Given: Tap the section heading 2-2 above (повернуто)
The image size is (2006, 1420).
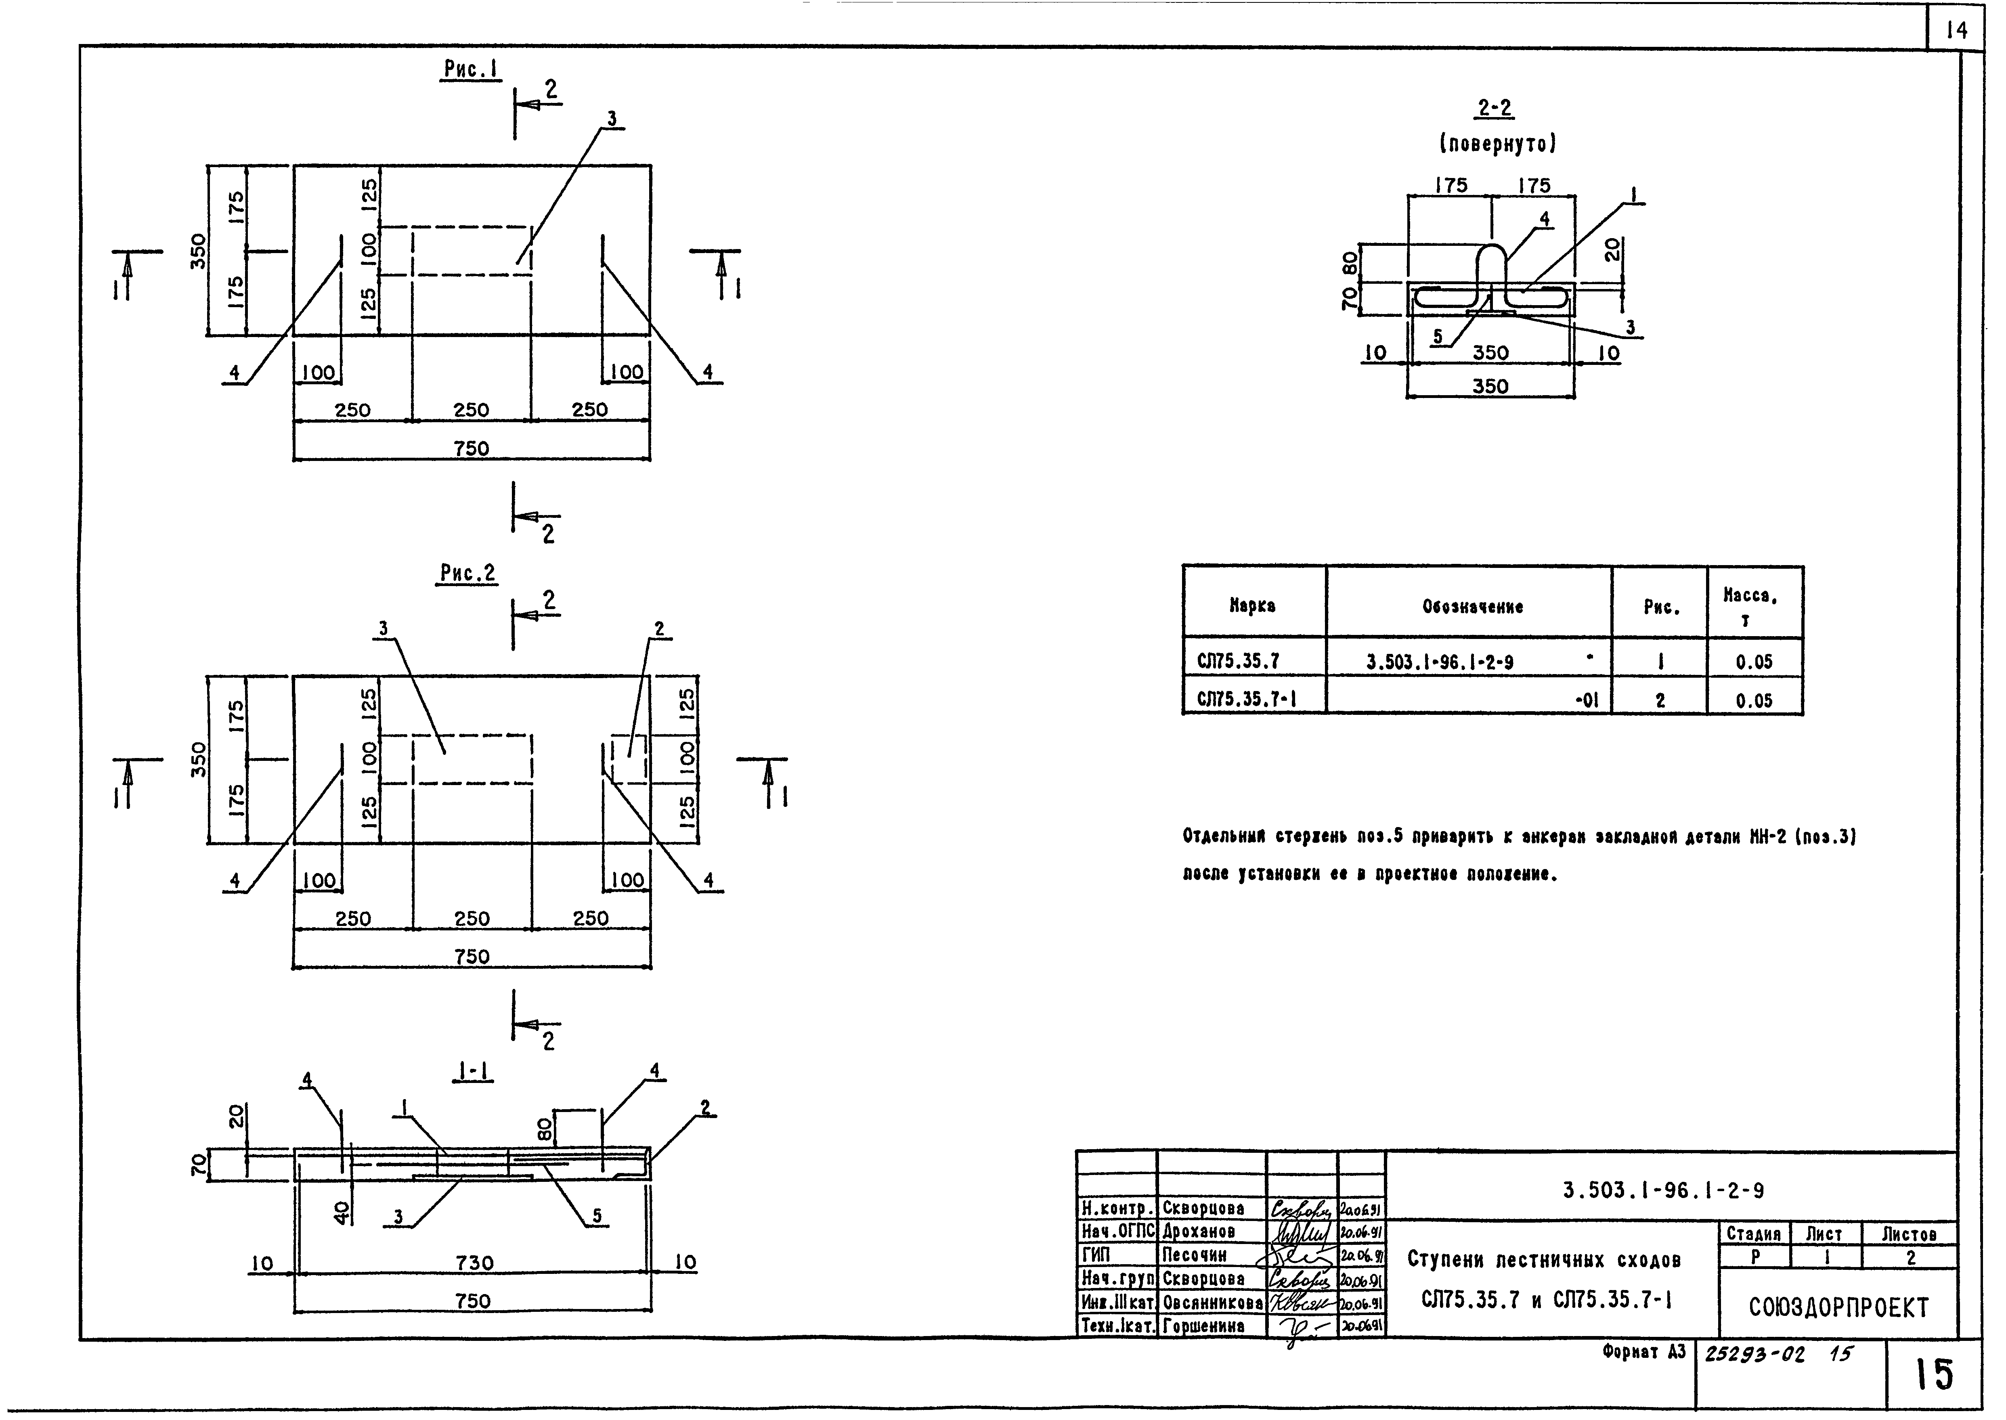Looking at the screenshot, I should [1495, 109].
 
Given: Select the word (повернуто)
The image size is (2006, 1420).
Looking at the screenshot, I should [1498, 143].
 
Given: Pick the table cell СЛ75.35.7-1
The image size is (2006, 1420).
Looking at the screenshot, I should [1246, 700].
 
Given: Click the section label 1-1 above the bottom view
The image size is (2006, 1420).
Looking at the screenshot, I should [473, 1072].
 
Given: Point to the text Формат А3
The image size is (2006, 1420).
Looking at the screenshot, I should [1643, 1352].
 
